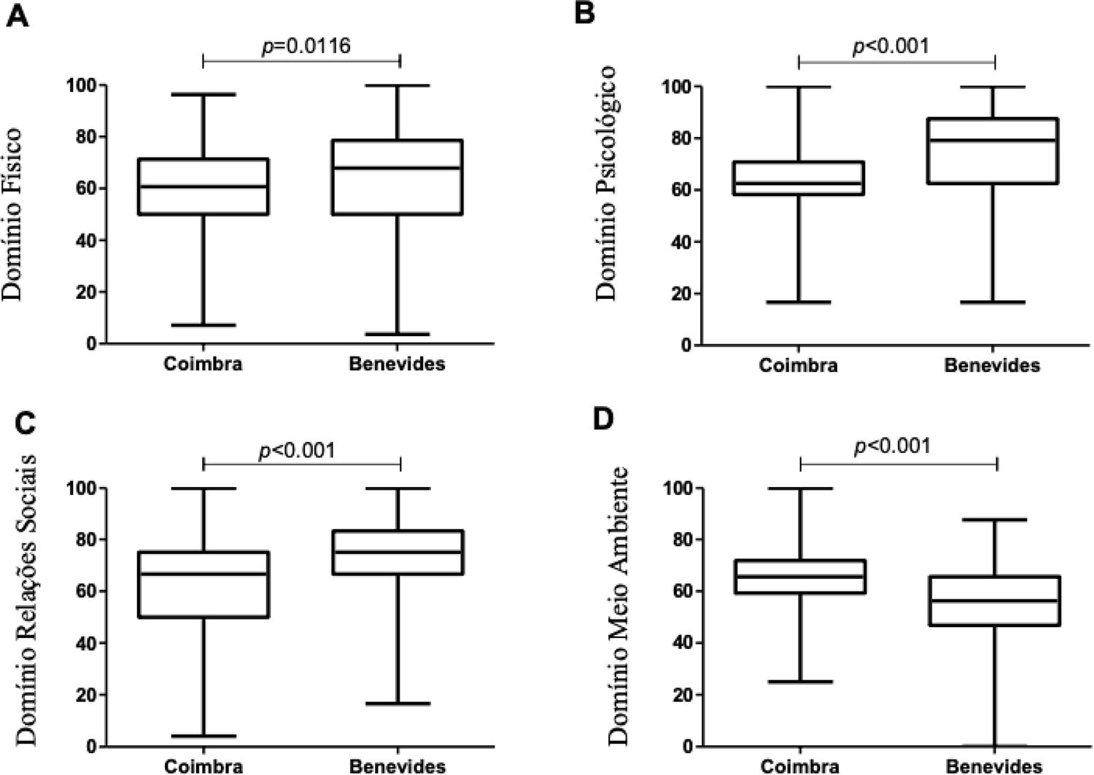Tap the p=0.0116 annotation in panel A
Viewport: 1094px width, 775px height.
point(306,47)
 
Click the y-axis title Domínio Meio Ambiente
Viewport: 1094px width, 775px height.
point(618,605)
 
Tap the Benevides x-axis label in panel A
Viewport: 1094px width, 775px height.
point(397,363)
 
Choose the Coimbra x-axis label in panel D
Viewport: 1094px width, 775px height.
point(799,766)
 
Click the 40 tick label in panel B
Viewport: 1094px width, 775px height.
point(675,242)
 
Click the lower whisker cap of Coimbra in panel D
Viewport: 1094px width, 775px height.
point(800,682)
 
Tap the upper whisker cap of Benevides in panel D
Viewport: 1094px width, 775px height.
point(995,520)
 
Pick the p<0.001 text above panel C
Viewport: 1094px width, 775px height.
point(297,450)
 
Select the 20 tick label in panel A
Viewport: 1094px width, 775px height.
point(82,292)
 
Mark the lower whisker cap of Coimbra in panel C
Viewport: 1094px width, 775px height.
point(203,736)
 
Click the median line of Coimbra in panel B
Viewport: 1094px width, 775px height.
point(799,183)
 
